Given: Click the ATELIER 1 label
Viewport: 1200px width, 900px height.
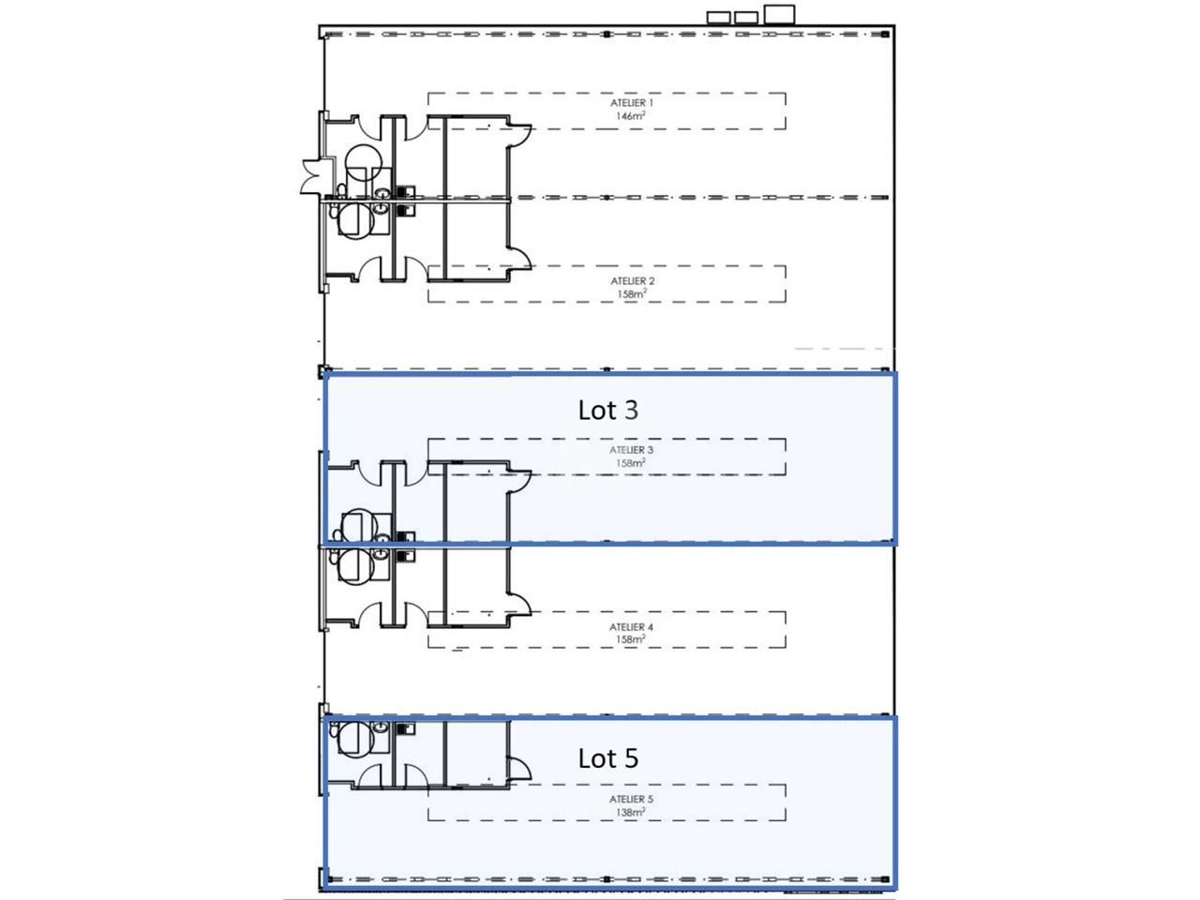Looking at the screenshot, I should click(x=631, y=103).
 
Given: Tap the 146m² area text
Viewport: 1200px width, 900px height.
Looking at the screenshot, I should click(x=631, y=116).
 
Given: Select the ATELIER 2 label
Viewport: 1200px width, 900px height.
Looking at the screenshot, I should click(x=632, y=281).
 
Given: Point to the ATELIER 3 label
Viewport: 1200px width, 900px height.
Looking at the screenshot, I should click(x=631, y=450).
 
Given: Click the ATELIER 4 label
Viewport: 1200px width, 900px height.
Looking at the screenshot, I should click(x=631, y=627).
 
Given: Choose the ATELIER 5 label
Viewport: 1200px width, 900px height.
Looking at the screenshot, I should click(x=631, y=800).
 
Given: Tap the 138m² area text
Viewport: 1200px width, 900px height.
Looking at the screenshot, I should click(x=631, y=813).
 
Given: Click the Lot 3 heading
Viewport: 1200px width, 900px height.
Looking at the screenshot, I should click(x=607, y=410).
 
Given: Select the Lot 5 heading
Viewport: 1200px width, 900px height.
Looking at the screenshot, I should click(x=607, y=758).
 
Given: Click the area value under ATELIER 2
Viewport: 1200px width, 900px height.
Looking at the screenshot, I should click(x=631, y=294).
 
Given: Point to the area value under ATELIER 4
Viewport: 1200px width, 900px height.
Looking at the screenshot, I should click(x=631, y=640).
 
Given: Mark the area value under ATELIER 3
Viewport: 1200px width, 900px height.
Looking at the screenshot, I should click(x=631, y=463).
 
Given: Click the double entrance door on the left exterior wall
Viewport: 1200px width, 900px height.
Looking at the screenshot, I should click(x=313, y=177).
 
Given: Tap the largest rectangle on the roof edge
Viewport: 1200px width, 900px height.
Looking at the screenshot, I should click(x=779, y=13).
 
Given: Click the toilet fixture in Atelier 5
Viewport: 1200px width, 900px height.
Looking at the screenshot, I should click(x=353, y=739).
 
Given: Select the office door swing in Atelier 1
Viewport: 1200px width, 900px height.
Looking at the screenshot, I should click(x=520, y=136).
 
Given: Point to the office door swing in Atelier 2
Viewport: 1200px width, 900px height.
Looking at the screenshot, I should click(x=520, y=259).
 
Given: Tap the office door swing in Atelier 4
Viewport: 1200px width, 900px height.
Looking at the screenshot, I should click(x=520, y=605).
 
